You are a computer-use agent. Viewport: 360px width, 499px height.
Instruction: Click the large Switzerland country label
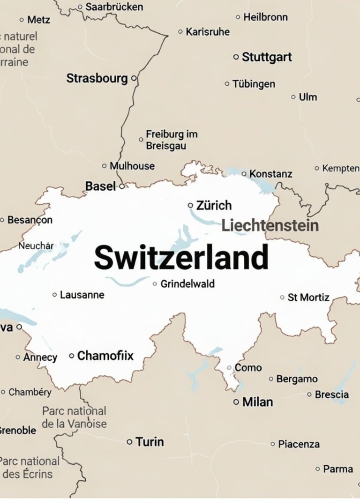(x=181, y=257)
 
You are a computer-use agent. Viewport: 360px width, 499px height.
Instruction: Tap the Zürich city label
(x=214, y=205)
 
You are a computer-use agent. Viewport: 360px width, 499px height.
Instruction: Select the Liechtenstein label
(x=270, y=225)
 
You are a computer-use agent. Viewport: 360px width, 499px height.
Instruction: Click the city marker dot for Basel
(x=122, y=186)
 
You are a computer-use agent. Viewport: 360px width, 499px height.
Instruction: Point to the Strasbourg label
(x=97, y=78)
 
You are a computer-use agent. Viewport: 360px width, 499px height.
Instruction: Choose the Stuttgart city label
(x=267, y=57)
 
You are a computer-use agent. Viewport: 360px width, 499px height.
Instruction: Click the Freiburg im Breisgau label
(x=172, y=140)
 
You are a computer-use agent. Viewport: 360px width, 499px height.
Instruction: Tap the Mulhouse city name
(x=132, y=166)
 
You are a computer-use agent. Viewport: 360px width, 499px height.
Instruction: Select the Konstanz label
(x=270, y=174)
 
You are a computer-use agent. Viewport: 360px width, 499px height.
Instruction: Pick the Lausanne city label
(x=82, y=295)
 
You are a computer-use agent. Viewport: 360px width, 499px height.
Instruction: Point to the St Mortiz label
(x=308, y=298)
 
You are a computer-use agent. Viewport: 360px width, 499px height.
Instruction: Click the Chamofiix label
(x=105, y=356)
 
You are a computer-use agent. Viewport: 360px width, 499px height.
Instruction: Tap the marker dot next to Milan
(x=236, y=402)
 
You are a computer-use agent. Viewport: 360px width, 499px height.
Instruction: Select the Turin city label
(x=150, y=442)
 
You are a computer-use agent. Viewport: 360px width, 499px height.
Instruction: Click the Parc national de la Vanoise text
(x=74, y=417)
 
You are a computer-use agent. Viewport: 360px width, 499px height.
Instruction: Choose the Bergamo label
(x=297, y=379)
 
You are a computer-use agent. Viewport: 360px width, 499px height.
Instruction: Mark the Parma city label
(x=337, y=469)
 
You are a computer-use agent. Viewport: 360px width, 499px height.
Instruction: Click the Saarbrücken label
(x=114, y=7)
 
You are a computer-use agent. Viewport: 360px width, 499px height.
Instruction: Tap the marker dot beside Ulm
(x=293, y=97)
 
